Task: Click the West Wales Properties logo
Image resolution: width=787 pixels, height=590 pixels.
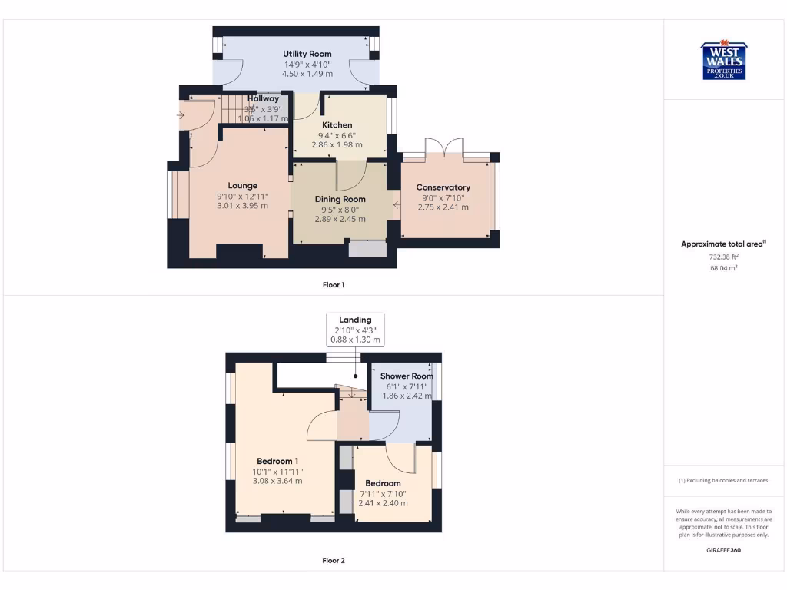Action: point(722,60)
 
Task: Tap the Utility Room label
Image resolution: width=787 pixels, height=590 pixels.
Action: point(307,54)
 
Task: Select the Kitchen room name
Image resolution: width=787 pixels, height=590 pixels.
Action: point(337,125)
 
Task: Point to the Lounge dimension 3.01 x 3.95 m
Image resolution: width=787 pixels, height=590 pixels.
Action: point(242,206)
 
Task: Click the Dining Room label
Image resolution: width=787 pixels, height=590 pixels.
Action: point(340,199)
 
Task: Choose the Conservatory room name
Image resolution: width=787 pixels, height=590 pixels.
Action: point(443,187)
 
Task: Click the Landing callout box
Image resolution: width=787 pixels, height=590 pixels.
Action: point(355,329)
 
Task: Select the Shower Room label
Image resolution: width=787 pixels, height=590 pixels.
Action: point(407,376)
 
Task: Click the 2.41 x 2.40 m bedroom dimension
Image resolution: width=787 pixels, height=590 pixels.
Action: point(383,504)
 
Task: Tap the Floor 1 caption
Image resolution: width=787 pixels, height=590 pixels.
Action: point(333,285)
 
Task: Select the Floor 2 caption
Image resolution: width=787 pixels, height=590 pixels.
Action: point(333,561)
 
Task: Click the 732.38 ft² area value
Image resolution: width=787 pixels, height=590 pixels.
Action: point(723,257)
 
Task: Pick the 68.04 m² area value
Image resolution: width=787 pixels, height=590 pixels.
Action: point(723,269)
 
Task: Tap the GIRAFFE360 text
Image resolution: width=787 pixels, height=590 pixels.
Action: point(723,550)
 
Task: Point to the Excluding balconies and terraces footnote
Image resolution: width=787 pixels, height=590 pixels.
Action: point(723,481)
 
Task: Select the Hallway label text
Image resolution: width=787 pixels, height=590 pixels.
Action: point(263,99)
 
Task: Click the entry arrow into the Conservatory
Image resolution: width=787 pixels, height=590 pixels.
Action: point(397,204)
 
